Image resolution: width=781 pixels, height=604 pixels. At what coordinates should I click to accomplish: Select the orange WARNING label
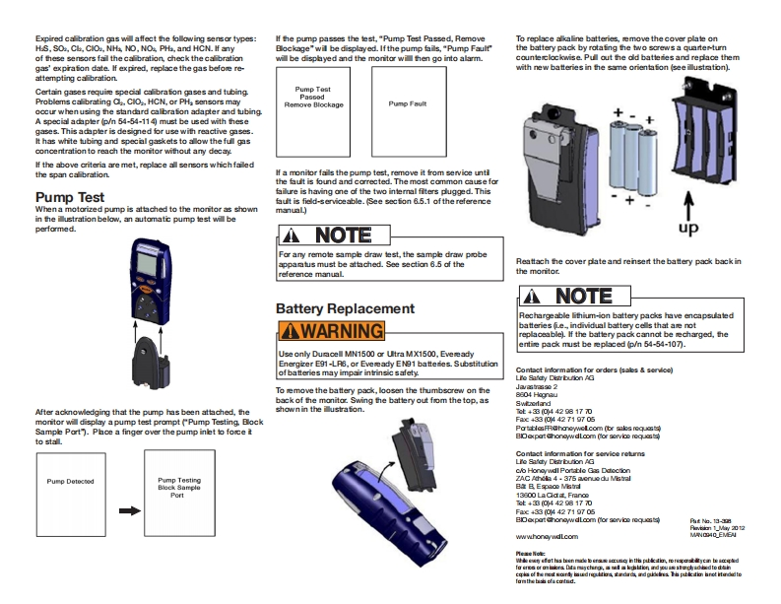click(x=330, y=330)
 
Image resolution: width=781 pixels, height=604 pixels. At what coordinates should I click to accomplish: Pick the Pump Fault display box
click(x=407, y=102)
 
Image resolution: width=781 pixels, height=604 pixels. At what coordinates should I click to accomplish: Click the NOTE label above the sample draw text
click(x=330, y=235)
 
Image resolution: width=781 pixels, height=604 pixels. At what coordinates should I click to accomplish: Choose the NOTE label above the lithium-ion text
click(x=571, y=297)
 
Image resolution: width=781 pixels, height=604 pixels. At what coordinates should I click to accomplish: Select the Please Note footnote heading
click(x=531, y=555)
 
